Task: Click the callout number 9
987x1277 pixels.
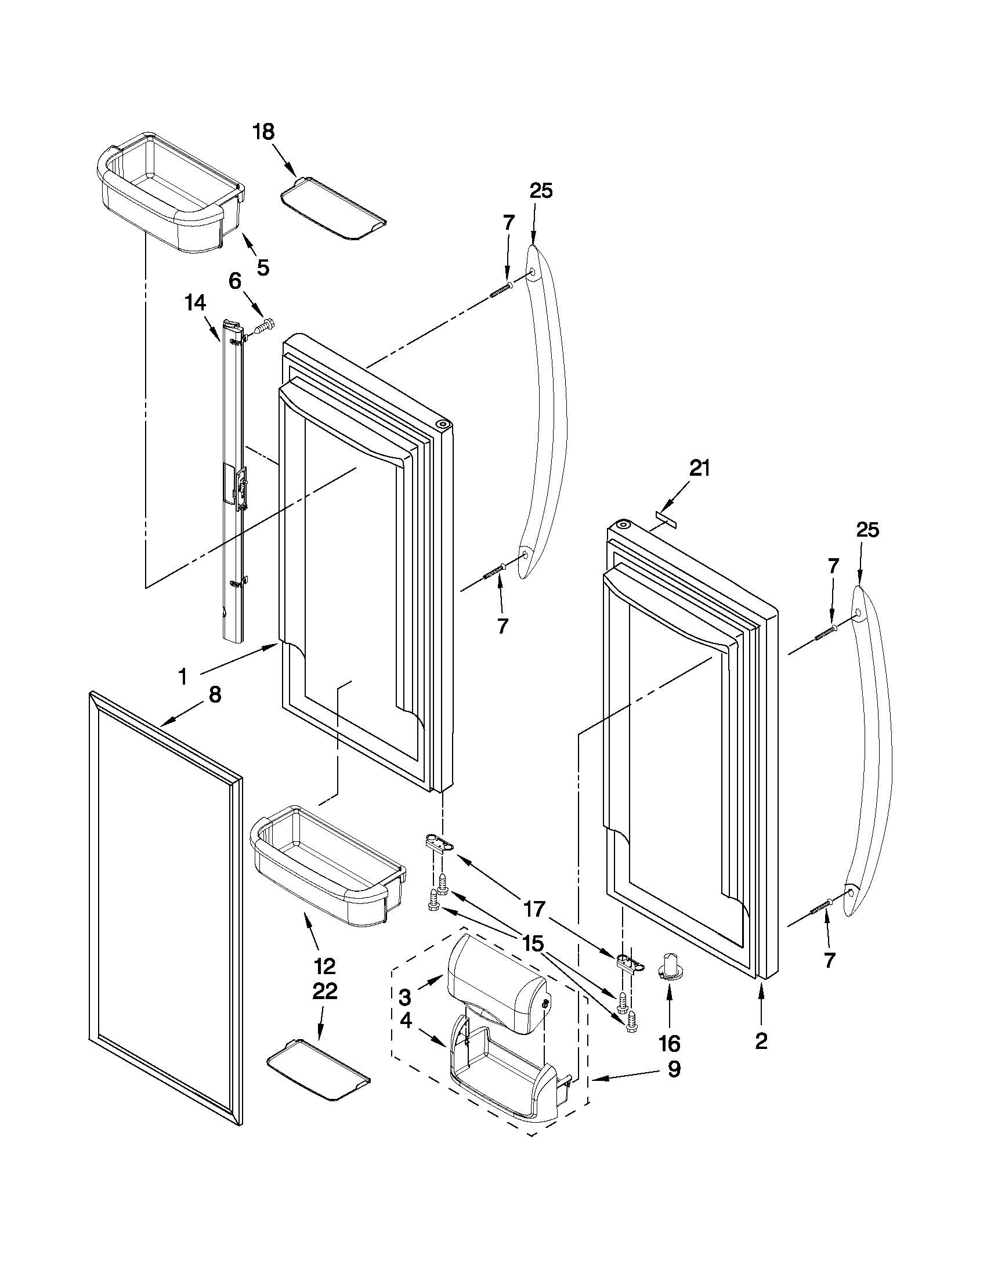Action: click(x=674, y=1069)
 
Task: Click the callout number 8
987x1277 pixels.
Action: click(x=215, y=694)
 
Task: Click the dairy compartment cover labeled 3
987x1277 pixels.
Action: click(x=497, y=983)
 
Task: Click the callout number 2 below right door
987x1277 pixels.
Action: click(x=761, y=1041)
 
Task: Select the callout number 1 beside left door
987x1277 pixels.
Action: click(x=183, y=677)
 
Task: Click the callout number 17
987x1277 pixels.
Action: click(x=534, y=910)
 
